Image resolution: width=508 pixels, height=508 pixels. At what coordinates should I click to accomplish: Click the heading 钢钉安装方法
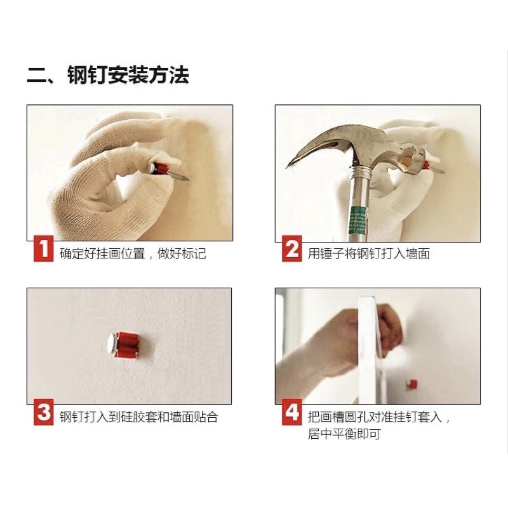click(128, 76)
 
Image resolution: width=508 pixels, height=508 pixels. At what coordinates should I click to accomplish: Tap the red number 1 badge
click(44, 248)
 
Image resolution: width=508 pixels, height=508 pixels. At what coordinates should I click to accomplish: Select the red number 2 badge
click(292, 248)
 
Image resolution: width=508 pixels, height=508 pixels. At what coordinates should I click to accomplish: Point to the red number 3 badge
click(44, 412)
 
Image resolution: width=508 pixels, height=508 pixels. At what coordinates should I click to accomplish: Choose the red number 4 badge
click(292, 412)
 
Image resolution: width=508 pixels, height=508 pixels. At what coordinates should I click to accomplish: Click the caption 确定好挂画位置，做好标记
click(133, 253)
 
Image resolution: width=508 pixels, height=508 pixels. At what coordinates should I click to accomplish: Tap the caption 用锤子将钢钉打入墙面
click(369, 253)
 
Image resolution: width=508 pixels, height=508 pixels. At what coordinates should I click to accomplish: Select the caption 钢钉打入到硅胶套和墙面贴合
click(138, 417)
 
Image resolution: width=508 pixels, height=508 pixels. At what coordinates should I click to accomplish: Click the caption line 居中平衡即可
click(344, 434)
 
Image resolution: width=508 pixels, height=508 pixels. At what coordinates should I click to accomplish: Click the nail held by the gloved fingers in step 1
click(168, 171)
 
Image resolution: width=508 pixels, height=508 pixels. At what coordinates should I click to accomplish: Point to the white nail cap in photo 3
click(112, 344)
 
